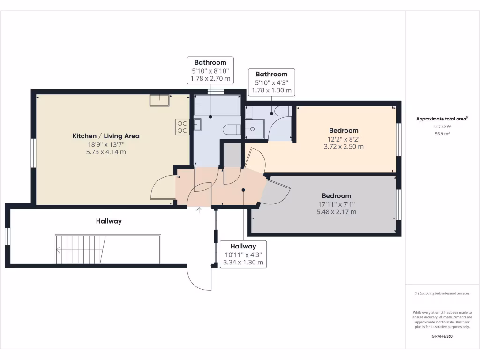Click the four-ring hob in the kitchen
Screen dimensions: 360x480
pos(182,127)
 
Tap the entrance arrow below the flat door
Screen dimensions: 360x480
pos(199,210)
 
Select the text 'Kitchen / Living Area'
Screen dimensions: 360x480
pos(105,136)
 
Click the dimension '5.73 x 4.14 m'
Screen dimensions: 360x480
pos(105,152)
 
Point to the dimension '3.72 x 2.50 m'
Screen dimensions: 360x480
pos(344,146)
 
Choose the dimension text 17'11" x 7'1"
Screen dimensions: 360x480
pos(336,204)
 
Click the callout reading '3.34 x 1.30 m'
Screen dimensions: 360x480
pos(243,262)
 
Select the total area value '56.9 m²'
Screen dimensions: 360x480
pos(442,133)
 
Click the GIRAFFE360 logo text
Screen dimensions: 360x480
pos(442,336)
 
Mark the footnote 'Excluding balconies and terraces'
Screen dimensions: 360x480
pos(442,293)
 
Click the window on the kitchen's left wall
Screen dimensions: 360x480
pos(33,153)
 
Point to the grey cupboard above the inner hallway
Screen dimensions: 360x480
pos(231,154)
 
